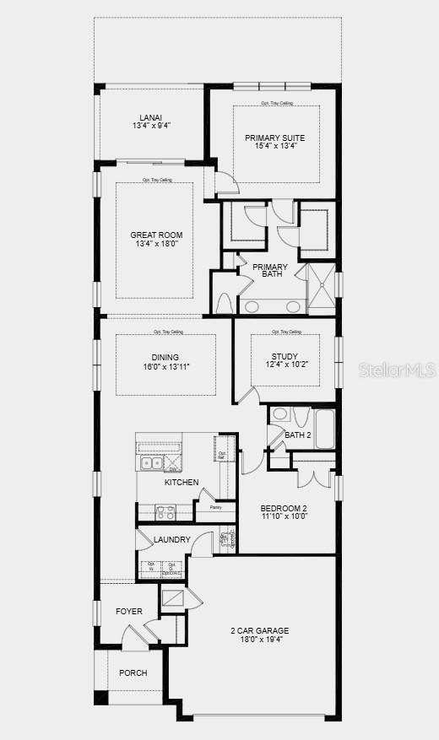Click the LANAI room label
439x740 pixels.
(152, 117)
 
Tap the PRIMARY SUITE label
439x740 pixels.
(275, 138)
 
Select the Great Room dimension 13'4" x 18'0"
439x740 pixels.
(156, 244)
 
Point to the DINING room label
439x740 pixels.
(165, 357)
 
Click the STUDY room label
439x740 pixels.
(285, 356)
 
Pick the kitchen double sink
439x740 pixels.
(152, 462)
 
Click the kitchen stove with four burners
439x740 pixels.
(164, 510)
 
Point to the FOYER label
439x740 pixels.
(129, 611)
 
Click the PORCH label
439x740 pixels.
(133, 672)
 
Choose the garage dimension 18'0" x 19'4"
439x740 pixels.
(260, 640)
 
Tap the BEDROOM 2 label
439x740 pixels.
(282, 507)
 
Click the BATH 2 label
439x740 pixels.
(298, 435)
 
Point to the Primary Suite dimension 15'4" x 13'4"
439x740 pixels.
(275, 146)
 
